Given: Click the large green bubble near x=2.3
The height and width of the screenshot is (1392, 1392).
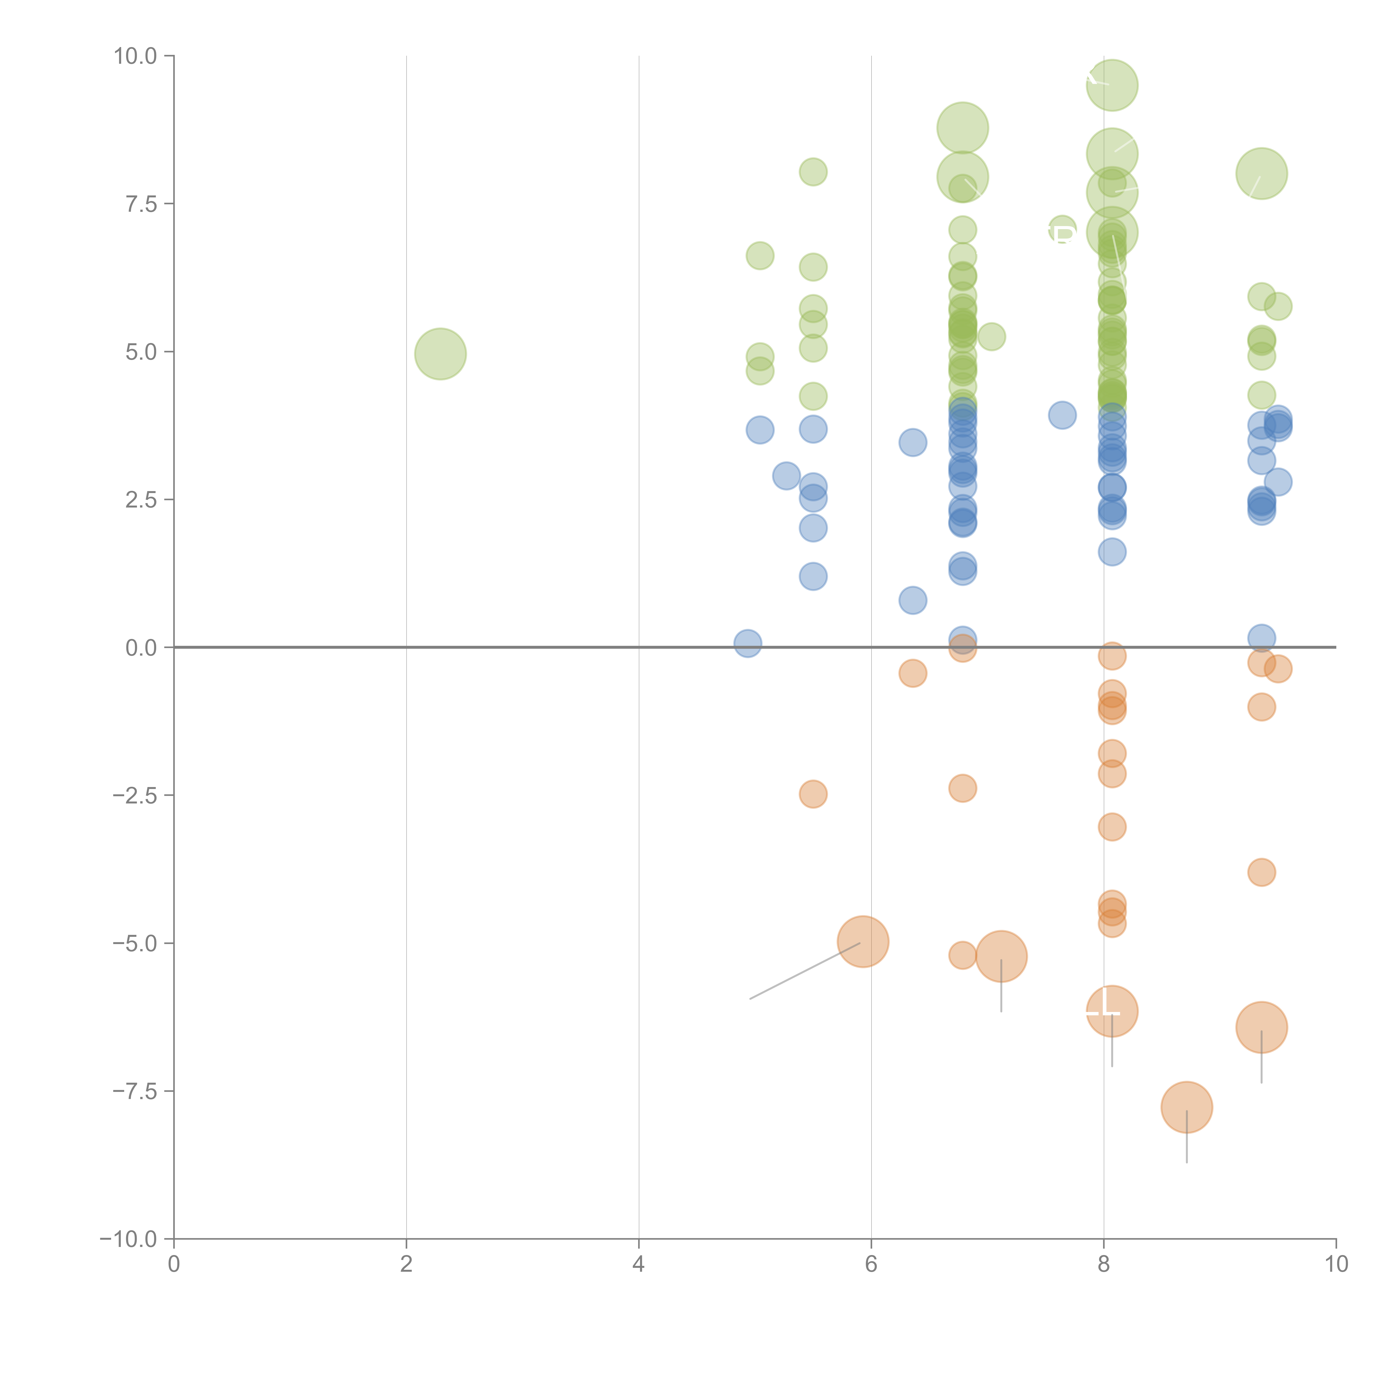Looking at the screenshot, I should click(x=440, y=354).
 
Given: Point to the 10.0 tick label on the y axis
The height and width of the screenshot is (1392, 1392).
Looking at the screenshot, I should click(x=136, y=56).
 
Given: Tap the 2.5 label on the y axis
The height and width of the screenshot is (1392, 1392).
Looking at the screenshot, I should click(x=141, y=500).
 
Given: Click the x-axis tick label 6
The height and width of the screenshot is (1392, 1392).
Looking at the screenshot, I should click(x=871, y=1264).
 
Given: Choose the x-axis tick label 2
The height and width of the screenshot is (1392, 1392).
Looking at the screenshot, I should click(x=406, y=1264).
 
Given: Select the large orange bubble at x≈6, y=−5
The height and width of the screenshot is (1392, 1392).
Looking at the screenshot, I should click(x=862, y=942).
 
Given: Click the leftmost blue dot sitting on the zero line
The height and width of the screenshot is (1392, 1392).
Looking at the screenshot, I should click(x=748, y=643).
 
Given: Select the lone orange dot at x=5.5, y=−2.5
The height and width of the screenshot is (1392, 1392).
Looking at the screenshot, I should click(x=813, y=794).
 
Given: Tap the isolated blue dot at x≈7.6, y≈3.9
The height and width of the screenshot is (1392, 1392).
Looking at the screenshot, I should click(x=1062, y=415).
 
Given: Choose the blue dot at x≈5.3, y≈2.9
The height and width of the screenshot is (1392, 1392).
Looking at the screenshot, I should click(x=786, y=476).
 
